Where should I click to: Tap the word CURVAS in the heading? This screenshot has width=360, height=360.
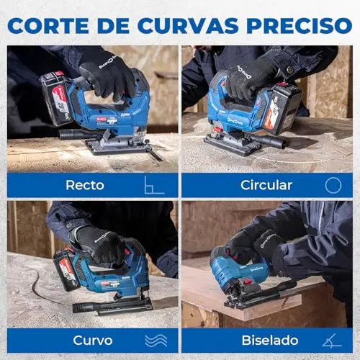(188, 25)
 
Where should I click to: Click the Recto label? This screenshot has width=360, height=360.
(85, 185)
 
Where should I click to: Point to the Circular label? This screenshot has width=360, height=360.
(266, 185)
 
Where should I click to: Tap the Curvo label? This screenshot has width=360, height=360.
(93, 341)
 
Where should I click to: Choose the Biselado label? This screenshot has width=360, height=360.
(270, 340)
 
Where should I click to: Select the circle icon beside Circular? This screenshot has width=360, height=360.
(333, 185)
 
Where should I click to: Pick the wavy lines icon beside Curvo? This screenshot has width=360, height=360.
(156, 341)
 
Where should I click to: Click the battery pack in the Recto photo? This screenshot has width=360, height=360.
(58, 99)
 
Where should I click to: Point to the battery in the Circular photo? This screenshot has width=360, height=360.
(282, 108)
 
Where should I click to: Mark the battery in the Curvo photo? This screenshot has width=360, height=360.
(66, 270)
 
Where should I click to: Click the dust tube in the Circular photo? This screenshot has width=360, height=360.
(269, 141)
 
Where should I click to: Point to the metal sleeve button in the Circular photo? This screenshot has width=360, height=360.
(290, 70)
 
